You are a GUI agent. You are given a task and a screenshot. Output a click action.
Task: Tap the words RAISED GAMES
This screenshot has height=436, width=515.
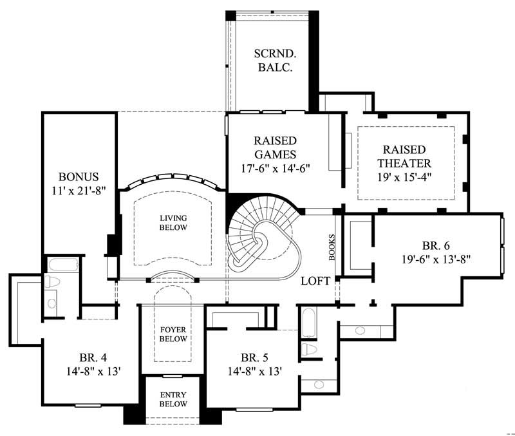[274, 147]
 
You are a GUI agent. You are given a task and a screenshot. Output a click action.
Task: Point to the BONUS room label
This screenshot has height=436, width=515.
[79, 176]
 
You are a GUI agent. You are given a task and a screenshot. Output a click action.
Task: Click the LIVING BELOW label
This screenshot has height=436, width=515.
[173, 223]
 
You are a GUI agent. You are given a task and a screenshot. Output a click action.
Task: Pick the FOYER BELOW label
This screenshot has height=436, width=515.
[173, 334]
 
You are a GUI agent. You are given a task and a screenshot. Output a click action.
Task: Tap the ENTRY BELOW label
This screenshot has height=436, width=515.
[173, 399]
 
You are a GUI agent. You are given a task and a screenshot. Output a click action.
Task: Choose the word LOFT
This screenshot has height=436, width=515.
[316, 281]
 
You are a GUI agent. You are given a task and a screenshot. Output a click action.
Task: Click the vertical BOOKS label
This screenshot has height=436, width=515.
[332, 246]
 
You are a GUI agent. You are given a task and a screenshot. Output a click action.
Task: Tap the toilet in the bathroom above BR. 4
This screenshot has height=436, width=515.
[51, 282]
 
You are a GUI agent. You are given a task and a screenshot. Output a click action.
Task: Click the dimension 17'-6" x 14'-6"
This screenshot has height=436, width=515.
[274, 169]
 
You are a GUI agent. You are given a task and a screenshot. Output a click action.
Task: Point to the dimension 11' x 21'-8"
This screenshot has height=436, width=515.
[79, 191]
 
